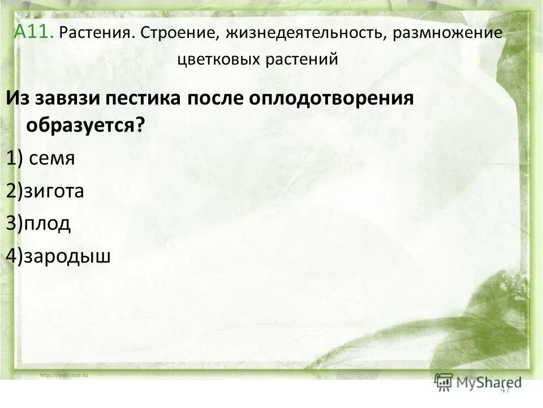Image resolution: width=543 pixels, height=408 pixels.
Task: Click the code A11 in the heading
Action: point(35,32)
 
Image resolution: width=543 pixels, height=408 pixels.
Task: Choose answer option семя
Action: point(52,159)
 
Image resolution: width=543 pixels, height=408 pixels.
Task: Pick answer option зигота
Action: point(53,191)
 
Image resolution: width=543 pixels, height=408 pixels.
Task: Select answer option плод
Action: point(47,223)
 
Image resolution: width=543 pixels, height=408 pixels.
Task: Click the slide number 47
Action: point(505,389)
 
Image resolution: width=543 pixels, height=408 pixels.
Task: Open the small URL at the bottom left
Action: point(64,375)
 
